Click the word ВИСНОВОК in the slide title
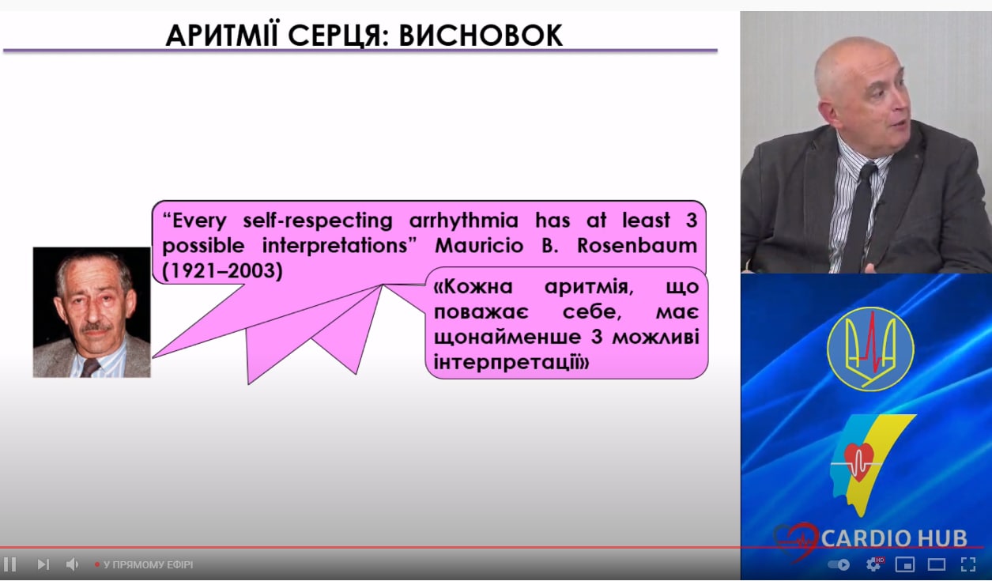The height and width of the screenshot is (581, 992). [x=481, y=35]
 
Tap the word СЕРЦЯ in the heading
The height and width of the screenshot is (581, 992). [x=338, y=35]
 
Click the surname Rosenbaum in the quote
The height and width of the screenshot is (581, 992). [x=637, y=246]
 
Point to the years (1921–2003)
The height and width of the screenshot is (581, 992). [x=222, y=271]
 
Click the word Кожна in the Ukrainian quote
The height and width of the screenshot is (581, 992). [x=473, y=287]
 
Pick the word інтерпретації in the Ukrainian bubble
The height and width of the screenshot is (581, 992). [x=511, y=363]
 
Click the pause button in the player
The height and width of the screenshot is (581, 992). [x=9, y=564]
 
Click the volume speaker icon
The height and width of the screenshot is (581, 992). [x=72, y=564]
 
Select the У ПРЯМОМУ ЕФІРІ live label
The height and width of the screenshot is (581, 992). [x=148, y=565]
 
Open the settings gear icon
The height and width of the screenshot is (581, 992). [x=873, y=564]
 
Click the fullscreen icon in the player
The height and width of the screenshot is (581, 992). [x=968, y=564]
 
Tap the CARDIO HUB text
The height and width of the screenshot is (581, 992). [x=894, y=538]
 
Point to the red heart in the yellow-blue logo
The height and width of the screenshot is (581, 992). [x=858, y=462]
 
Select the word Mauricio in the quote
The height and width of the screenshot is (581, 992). [x=479, y=246]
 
